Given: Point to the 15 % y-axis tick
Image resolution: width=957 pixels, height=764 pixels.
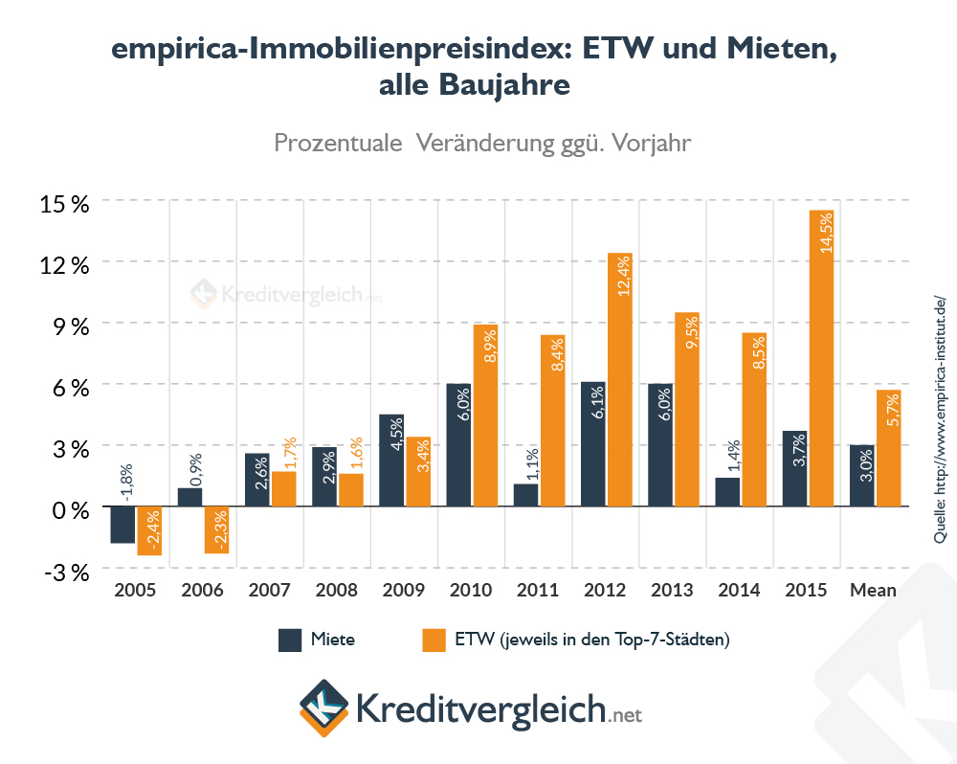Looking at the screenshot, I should (65, 203).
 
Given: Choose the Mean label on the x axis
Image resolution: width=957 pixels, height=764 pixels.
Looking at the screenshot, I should (874, 590).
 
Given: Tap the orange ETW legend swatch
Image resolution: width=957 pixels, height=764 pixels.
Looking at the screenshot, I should (434, 640).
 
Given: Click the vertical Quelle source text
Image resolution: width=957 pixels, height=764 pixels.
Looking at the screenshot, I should (940, 420).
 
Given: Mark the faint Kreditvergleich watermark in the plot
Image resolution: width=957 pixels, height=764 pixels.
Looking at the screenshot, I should (287, 294).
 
